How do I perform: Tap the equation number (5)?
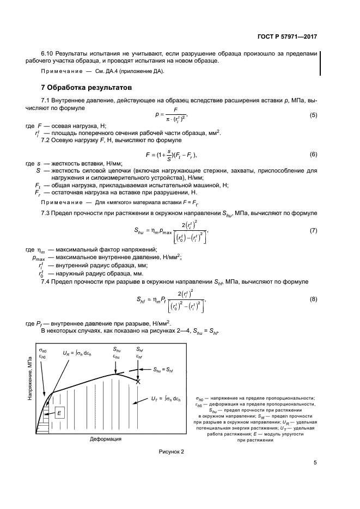coord(313,115)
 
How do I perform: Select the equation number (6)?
coord(313,154)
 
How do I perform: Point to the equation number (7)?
coord(313,230)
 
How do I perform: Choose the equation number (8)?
coord(313,299)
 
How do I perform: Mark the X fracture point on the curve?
coord(138,382)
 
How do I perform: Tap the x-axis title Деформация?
coord(105,438)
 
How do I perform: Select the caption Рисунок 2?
coord(172,452)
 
